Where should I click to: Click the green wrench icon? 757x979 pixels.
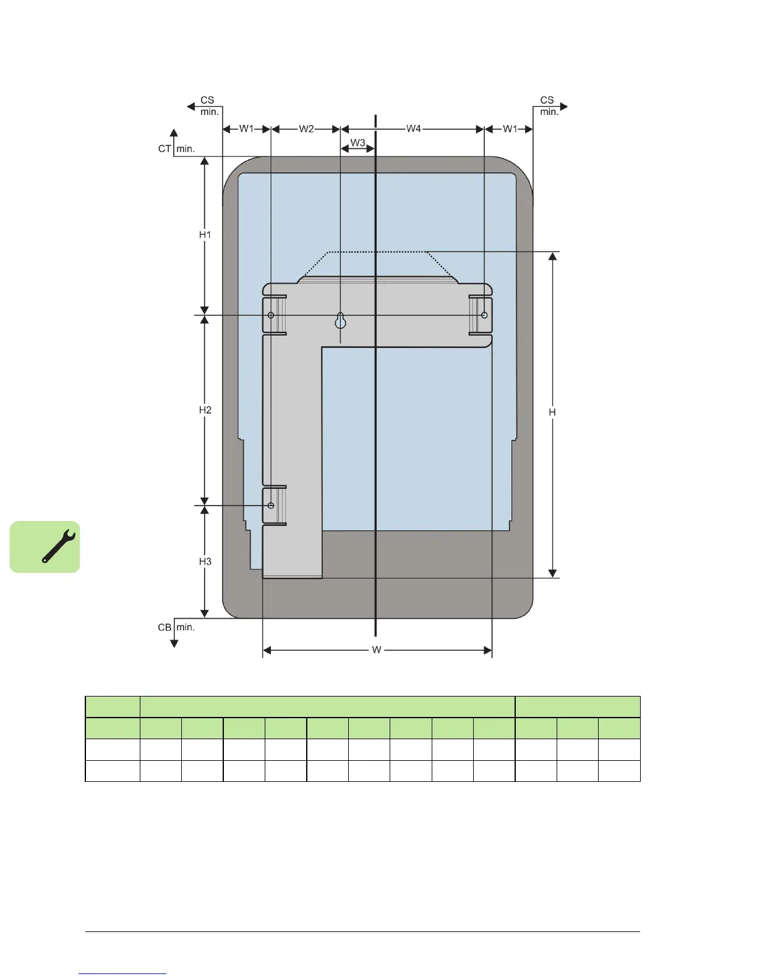tap(45, 547)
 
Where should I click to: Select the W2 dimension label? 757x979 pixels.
tap(306, 129)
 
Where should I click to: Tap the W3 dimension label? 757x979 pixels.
tap(357, 143)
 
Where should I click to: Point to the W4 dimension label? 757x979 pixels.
tap(413, 129)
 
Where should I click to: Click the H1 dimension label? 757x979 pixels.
tap(205, 234)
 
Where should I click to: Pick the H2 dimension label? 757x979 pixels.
tap(205, 410)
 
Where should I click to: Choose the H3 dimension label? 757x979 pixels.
tap(205, 561)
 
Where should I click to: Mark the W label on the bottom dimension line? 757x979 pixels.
tap(377, 650)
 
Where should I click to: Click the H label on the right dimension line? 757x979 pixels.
tap(552, 412)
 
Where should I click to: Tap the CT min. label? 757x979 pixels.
tap(176, 149)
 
